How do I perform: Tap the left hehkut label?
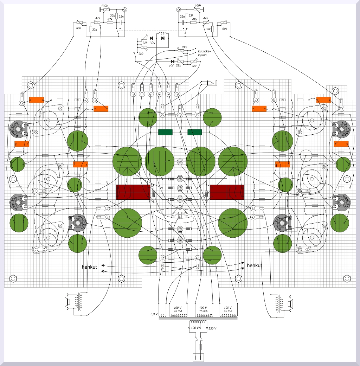click(x=89, y=267)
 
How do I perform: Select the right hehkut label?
click(x=255, y=265)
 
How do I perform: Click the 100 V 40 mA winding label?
click(x=227, y=309)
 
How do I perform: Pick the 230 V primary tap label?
click(x=212, y=328)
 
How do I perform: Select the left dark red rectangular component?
click(x=133, y=192)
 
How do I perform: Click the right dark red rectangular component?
click(x=227, y=192)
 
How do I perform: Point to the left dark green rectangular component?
click(x=165, y=132)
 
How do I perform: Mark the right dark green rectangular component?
click(x=195, y=132)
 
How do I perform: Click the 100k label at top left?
click(x=104, y=6)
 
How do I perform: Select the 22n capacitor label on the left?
click(x=121, y=16)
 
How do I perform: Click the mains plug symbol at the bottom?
click(x=198, y=357)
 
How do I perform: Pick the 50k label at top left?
click(x=78, y=28)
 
